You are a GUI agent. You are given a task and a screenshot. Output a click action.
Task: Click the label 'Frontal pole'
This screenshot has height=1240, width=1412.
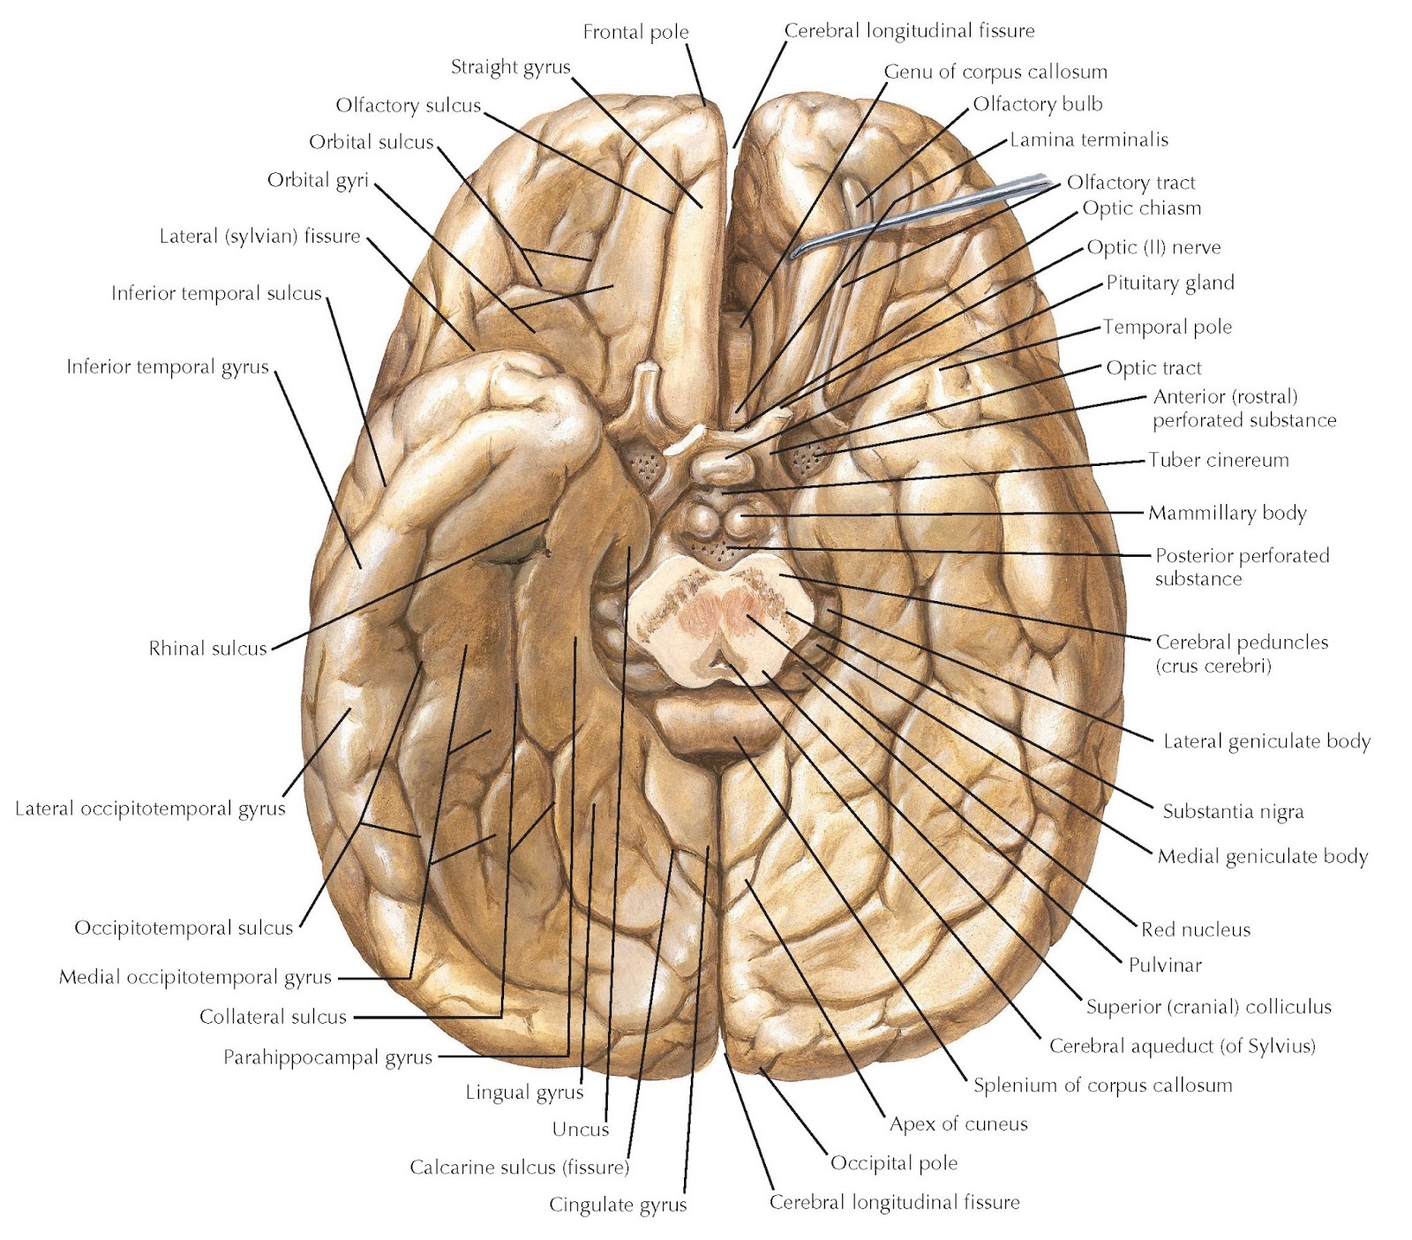click(x=635, y=33)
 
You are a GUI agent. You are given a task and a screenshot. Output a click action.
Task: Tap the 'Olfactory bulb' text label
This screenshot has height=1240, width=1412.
click(x=1037, y=104)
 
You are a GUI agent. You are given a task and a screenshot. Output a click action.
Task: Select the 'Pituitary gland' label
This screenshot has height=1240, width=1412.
click(x=1169, y=283)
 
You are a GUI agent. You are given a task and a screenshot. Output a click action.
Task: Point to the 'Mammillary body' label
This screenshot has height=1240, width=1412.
click(x=1227, y=513)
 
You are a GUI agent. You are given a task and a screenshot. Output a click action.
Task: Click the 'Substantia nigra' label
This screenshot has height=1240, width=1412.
click(x=1232, y=811)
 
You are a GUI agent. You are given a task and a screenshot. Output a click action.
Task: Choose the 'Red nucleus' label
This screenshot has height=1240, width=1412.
click(x=1195, y=929)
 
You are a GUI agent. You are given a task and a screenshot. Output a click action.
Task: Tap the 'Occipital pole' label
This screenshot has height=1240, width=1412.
click(x=893, y=1162)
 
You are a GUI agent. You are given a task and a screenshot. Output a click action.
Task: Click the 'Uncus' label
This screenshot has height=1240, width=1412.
click(x=580, y=1129)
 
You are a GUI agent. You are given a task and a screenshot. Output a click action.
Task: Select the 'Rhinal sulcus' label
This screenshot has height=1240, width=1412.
click(x=207, y=649)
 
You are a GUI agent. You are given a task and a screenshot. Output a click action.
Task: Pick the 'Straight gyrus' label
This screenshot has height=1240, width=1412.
click(x=510, y=67)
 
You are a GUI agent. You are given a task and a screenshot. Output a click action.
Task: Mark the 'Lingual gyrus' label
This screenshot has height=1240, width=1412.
click(x=524, y=1093)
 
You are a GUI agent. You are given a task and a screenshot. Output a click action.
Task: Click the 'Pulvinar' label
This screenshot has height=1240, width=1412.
click(x=1165, y=965)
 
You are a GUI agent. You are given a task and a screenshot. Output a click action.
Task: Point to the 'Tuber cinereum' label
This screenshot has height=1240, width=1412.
click(x=1218, y=460)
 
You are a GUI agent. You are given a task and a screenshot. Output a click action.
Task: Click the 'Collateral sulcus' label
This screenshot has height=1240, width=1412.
click(x=273, y=1017)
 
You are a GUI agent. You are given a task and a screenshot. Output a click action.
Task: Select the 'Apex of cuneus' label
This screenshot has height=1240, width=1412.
click(x=958, y=1124)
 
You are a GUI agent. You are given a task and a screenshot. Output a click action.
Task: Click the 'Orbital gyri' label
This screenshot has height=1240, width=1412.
click(x=318, y=181)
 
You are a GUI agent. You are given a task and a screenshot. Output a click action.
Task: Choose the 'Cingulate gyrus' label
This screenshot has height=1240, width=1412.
click(x=617, y=1205)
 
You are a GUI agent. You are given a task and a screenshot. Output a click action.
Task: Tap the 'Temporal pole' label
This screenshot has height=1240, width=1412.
click(x=1167, y=327)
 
